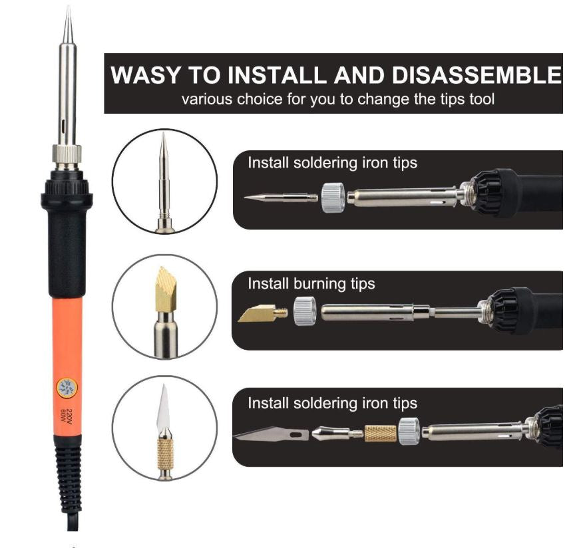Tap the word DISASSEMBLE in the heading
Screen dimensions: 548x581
[x=476, y=74]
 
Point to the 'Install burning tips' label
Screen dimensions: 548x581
[x=311, y=284]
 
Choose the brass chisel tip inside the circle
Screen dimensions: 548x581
[x=164, y=288]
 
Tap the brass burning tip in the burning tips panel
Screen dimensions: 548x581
[x=260, y=313]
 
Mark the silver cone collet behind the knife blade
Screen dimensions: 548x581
[x=331, y=434]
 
